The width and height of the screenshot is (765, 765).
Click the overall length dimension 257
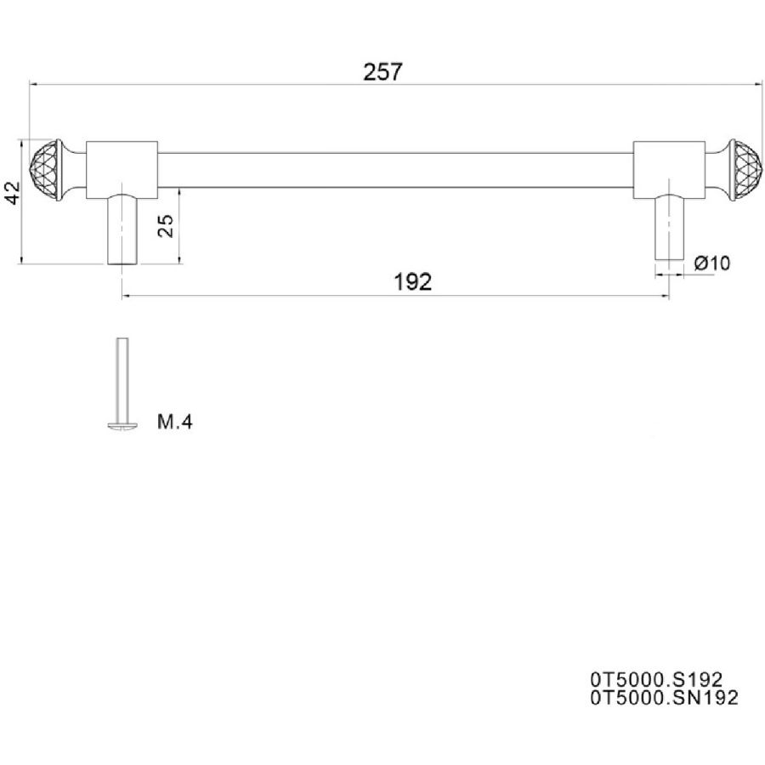coord(383,71)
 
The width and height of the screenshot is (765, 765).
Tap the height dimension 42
coord(12,193)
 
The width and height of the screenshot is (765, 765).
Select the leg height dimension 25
coord(166,226)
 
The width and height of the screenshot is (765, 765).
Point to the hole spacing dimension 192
coord(412,282)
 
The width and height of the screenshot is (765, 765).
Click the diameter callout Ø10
coord(712,263)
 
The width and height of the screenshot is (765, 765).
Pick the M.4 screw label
coord(174,422)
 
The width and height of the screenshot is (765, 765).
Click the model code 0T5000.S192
coord(656,679)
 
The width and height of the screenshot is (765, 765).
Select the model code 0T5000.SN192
coord(664,698)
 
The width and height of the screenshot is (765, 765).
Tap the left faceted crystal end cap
coord(45,170)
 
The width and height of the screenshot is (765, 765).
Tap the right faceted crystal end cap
coord(746,170)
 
